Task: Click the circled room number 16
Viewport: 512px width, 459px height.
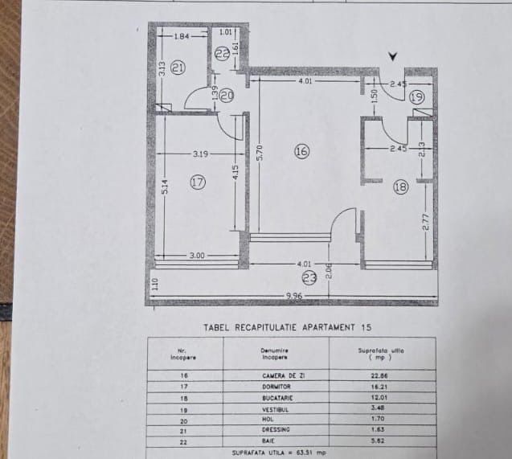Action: point(301,150)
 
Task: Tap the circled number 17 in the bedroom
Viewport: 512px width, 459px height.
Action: point(198,182)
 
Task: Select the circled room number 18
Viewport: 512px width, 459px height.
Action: point(400,187)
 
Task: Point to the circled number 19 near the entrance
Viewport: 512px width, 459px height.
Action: point(416,96)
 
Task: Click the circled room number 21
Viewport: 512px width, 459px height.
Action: point(178,68)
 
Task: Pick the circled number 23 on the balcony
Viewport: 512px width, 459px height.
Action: point(309,278)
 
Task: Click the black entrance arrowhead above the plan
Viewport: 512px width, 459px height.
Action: point(392,55)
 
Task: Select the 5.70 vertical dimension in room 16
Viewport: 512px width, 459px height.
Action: point(259,153)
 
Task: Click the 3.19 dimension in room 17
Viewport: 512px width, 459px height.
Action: point(201,153)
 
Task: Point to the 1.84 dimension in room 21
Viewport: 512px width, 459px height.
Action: point(179,36)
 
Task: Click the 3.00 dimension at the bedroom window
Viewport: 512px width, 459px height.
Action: point(198,255)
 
